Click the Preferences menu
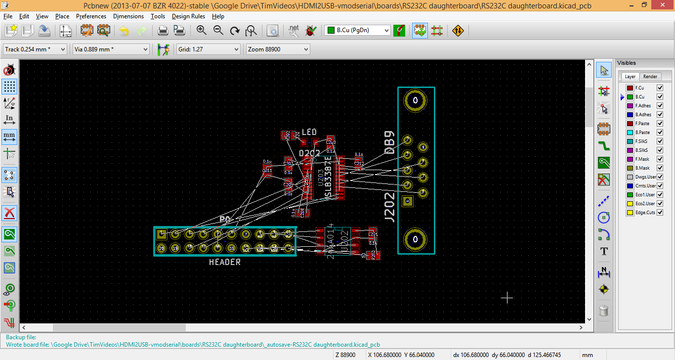click(x=91, y=16)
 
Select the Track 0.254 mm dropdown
click(x=35, y=49)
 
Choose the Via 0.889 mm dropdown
click(x=111, y=49)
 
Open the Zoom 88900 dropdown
click(x=278, y=49)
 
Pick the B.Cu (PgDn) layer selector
click(x=358, y=30)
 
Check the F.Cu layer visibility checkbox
click(x=660, y=88)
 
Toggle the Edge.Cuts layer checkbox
click(x=660, y=213)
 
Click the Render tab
click(x=650, y=77)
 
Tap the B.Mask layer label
click(x=642, y=168)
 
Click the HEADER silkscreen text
click(x=225, y=262)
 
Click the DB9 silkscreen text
click(x=390, y=143)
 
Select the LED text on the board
click(x=309, y=132)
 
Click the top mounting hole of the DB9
click(x=416, y=101)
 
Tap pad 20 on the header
click(x=161, y=248)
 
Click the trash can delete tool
click(x=603, y=311)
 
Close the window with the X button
click(x=663, y=5)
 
